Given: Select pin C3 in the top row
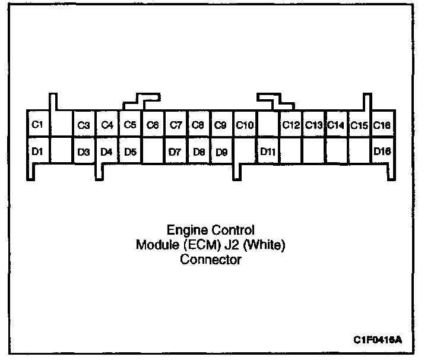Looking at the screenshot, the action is coord(84,125).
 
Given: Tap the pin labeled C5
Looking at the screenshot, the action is coord(130,125).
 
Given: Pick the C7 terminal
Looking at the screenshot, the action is coord(176,125).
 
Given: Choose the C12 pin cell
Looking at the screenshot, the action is coord(291,125).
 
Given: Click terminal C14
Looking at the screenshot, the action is coord(337,125).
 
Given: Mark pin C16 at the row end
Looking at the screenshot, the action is coord(382,125).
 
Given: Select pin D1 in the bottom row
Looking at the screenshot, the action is coord(38,151).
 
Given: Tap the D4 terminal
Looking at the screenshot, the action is coord(107,151).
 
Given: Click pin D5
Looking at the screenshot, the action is coord(130,151).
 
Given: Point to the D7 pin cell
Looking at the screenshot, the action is coord(176,151).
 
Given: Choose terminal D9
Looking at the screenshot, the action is coord(222,151).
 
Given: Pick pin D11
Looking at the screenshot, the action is coord(268,151).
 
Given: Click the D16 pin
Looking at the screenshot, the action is coord(382,151).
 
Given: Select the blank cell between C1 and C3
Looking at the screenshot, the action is coord(61,125).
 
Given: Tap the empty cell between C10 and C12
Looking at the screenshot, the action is coord(268,125).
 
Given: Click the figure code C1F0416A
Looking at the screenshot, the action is coord(377,339).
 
